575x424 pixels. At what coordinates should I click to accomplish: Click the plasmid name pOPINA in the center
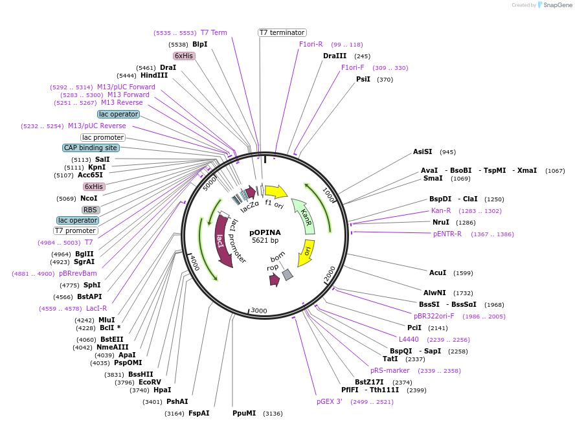pyautogui.click(x=265, y=232)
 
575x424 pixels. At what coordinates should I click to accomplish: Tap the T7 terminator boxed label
pyautogui.click(x=282, y=32)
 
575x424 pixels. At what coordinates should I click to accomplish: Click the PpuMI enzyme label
pyautogui.click(x=244, y=413)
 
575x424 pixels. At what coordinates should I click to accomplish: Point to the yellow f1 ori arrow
pyautogui.click(x=276, y=191)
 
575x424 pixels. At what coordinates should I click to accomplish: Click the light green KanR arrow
pyautogui.click(x=304, y=215)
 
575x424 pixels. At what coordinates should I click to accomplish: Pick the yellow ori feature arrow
pyautogui.click(x=306, y=252)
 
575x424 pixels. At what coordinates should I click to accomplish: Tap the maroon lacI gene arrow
pyautogui.click(x=222, y=241)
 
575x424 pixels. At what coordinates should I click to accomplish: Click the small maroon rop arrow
pyautogui.click(x=275, y=280)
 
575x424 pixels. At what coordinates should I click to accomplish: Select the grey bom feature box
pyautogui.click(x=287, y=274)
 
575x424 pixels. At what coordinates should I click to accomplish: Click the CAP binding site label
pyautogui.click(x=91, y=148)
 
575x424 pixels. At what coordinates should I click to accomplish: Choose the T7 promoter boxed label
pyautogui.click(x=76, y=230)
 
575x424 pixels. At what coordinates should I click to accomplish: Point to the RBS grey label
pyautogui.click(x=91, y=210)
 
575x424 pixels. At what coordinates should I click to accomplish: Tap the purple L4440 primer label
pyautogui.click(x=409, y=339)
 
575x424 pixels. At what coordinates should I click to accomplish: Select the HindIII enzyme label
pyautogui.click(x=154, y=75)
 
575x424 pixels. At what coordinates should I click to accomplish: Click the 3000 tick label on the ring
pyautogui.click(x=258, y=311)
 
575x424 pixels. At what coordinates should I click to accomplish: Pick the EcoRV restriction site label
pyautogui.click(x=150, y=382)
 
